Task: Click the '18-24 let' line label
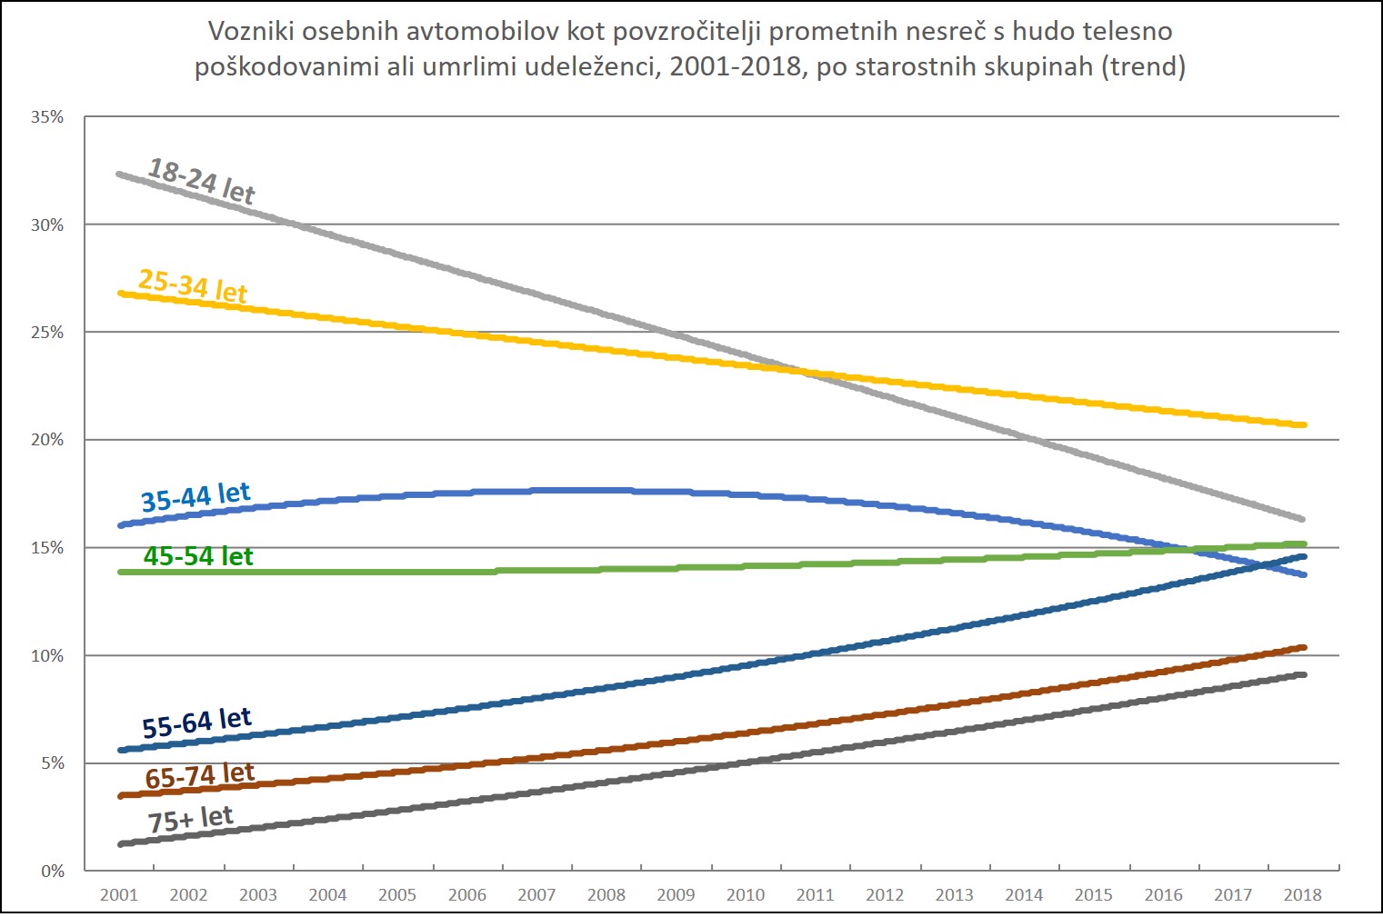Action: [202, 181]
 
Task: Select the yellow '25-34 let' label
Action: [193, 285]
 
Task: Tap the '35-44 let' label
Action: [195, 497]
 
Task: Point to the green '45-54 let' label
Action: [198, 556]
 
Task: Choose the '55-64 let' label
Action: [196, 723]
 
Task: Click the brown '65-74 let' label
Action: [200, 776]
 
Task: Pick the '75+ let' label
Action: [191, 819]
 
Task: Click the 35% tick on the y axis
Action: [47, 117]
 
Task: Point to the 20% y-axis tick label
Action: [47, 440]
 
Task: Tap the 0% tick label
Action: [53, 871]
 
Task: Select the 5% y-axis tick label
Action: [53, 763]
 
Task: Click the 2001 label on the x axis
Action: [119, 894]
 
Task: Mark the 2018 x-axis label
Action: [1302, 894]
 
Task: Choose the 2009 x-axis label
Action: [676, 894]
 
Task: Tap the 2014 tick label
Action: [1024, 894]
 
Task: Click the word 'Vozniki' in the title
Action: [251, 32]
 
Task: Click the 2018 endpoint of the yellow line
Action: [1303, 424]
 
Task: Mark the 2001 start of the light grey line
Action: [120, 174]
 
